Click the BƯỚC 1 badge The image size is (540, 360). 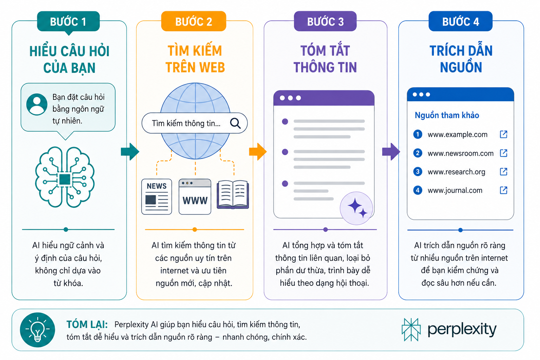coord(68,21)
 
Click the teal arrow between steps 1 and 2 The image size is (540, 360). coord(130,152)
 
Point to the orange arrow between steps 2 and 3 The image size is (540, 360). coord(258,152)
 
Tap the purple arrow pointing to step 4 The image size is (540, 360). coord(391,152)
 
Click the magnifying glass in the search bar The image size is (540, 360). coord(236,123)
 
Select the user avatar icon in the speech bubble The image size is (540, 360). coord(37,104)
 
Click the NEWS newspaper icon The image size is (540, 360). coord(157,197)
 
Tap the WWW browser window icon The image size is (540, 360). coord(195,197)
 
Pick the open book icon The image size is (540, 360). coord(233,194)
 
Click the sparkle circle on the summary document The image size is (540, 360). coord(356,208)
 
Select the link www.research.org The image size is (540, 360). coord(456,172)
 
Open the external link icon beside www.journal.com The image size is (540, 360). coord(503,190)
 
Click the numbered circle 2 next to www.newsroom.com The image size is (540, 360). coord(418,153)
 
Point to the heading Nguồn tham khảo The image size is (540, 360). coord(447,115)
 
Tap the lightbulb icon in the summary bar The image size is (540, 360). coord(38,330)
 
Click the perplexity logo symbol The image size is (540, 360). coord(411,330)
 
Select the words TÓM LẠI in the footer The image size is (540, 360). coord(87,324)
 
